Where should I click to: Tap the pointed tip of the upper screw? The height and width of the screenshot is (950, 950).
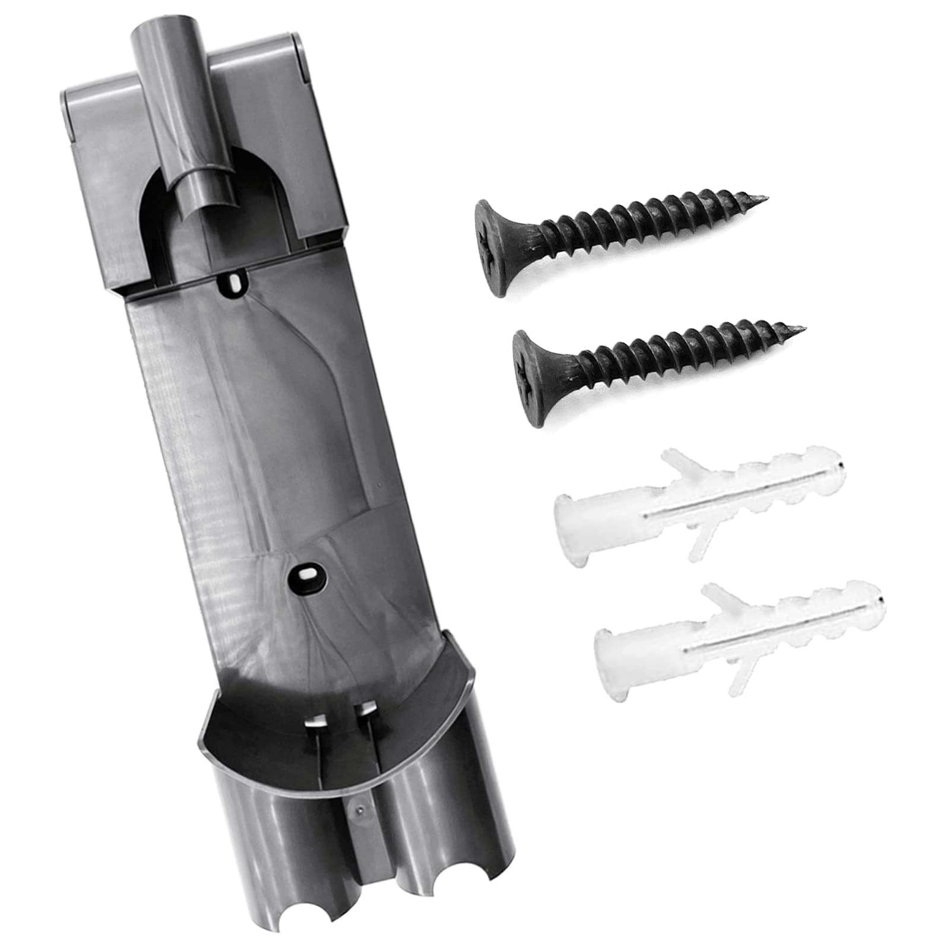pyautogui.click(x=766, y=198)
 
